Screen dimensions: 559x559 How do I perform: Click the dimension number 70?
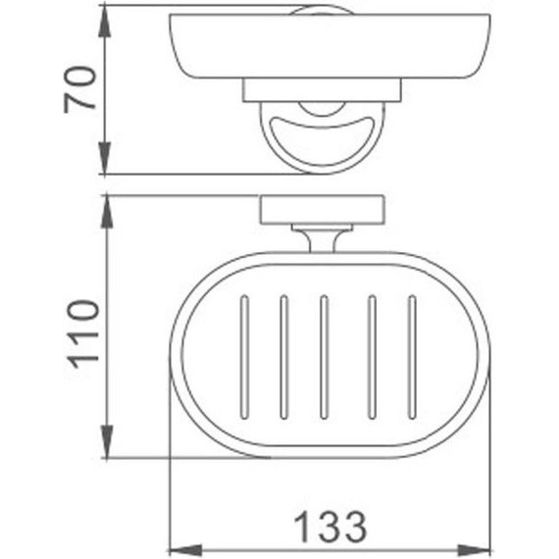pyautogui.click(x=80, y=89)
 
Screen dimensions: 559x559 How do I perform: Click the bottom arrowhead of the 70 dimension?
pyautogui.click(x=105, y=165)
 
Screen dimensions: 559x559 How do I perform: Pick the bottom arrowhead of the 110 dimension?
pyautogui.click(x=105, y=449)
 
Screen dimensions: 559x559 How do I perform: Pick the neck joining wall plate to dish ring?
pyautogui.click(x=321, y=238)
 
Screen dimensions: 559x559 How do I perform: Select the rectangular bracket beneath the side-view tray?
pyautogui.click(x=322, y=91)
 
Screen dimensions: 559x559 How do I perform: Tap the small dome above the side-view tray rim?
pyautogui.click(x=322, y=10)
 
